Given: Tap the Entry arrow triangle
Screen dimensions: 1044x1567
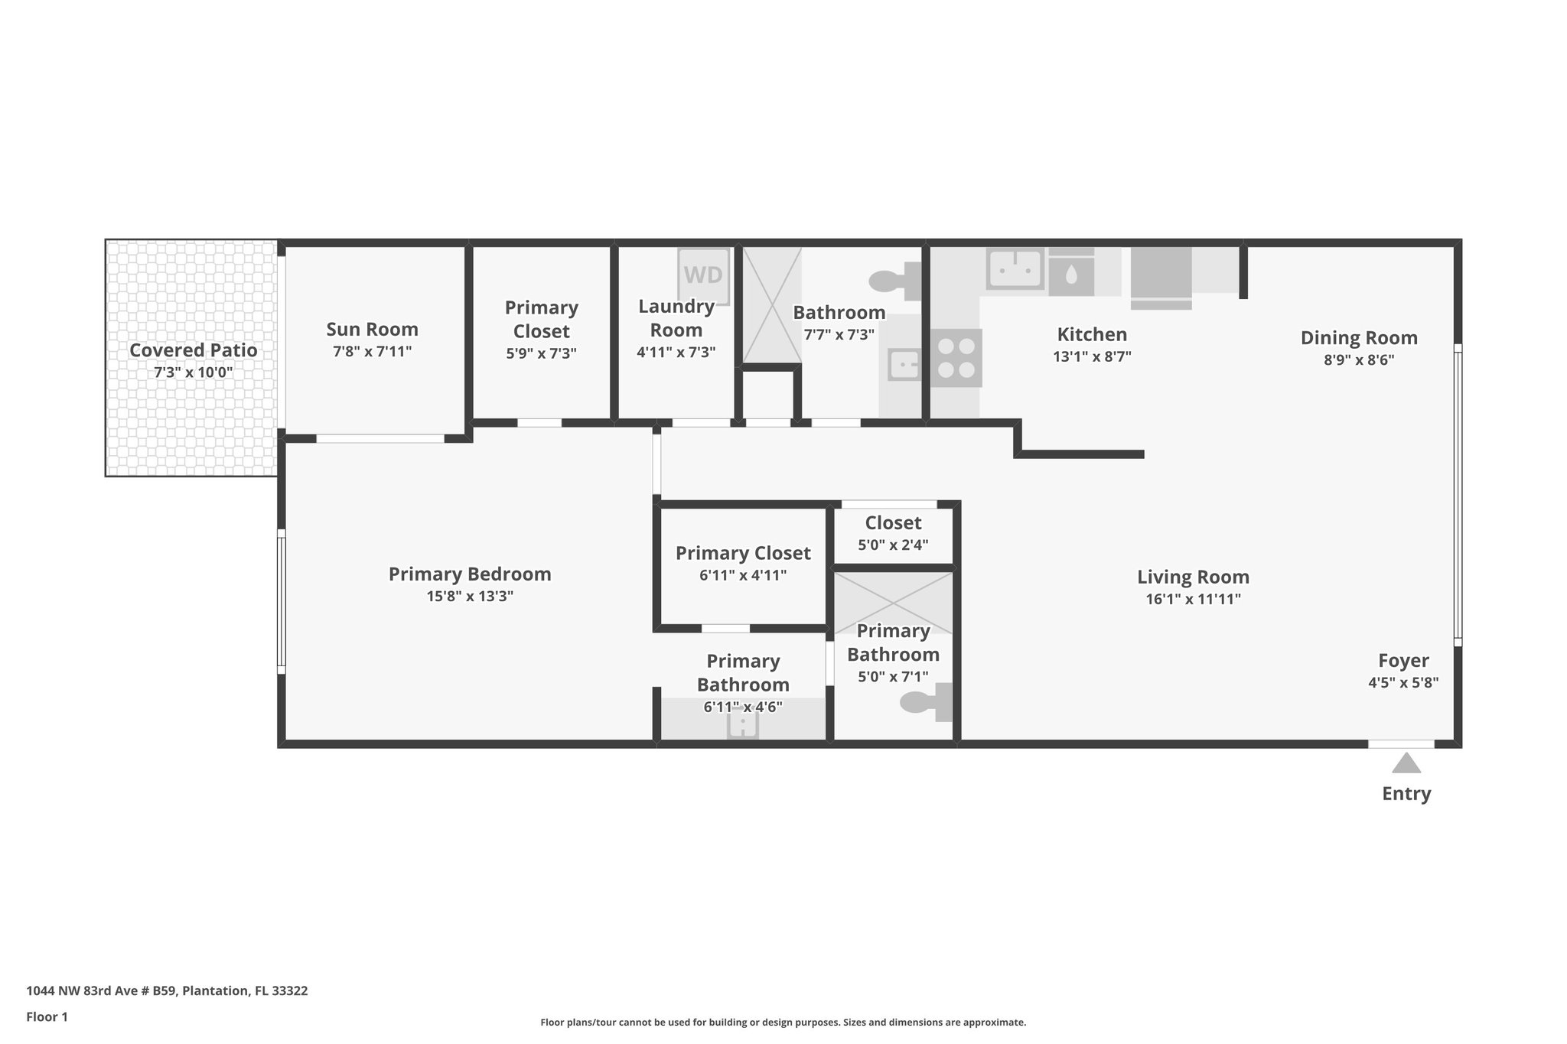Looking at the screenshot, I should tap(1406, 763).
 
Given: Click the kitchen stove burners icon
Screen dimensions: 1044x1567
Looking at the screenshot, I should tap(956, 358).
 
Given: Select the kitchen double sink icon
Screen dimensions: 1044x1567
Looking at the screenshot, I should tap(1015, 269).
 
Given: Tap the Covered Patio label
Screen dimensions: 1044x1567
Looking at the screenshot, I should tap(193, 350).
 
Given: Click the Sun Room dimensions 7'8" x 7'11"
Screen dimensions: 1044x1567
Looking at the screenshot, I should tap(372, 352).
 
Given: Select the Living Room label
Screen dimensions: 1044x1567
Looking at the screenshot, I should tap(1192, 577).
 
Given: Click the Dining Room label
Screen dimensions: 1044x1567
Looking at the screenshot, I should tap(1359, 338).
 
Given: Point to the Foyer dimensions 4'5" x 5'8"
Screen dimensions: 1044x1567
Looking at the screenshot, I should tap(1403, 682).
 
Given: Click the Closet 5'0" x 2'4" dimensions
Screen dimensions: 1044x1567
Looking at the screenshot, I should tap(893, 545).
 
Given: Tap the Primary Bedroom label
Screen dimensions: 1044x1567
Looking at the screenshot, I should tap(470, 574).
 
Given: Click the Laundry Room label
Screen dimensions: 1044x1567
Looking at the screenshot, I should tap(676, 318).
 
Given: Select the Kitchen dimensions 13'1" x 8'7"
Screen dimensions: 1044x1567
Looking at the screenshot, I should tap(1092, 356).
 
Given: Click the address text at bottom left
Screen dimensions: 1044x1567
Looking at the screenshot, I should tap(167, 991).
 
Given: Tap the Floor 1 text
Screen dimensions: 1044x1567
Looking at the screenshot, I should tap(47, 1017).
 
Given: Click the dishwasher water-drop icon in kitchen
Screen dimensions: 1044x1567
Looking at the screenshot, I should tap(1070, 275).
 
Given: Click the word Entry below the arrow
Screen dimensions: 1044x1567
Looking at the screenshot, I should tap(1406, 794).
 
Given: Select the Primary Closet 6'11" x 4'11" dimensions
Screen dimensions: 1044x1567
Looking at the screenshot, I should tap(743, 575).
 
